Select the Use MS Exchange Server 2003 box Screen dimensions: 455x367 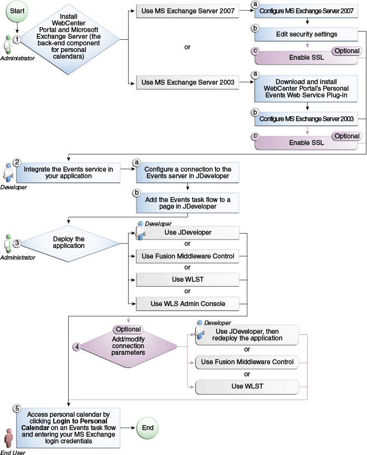[183, 83]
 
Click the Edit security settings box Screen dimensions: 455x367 [307, 34]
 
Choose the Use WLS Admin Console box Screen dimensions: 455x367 [188, 303]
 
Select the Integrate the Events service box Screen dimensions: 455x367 [68, 173]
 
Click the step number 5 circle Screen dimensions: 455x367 [17, 409]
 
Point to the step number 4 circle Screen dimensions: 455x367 [77, 347]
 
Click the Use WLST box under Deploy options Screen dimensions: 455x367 [188, 279]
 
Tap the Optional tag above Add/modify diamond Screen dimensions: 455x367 [128, 329]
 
